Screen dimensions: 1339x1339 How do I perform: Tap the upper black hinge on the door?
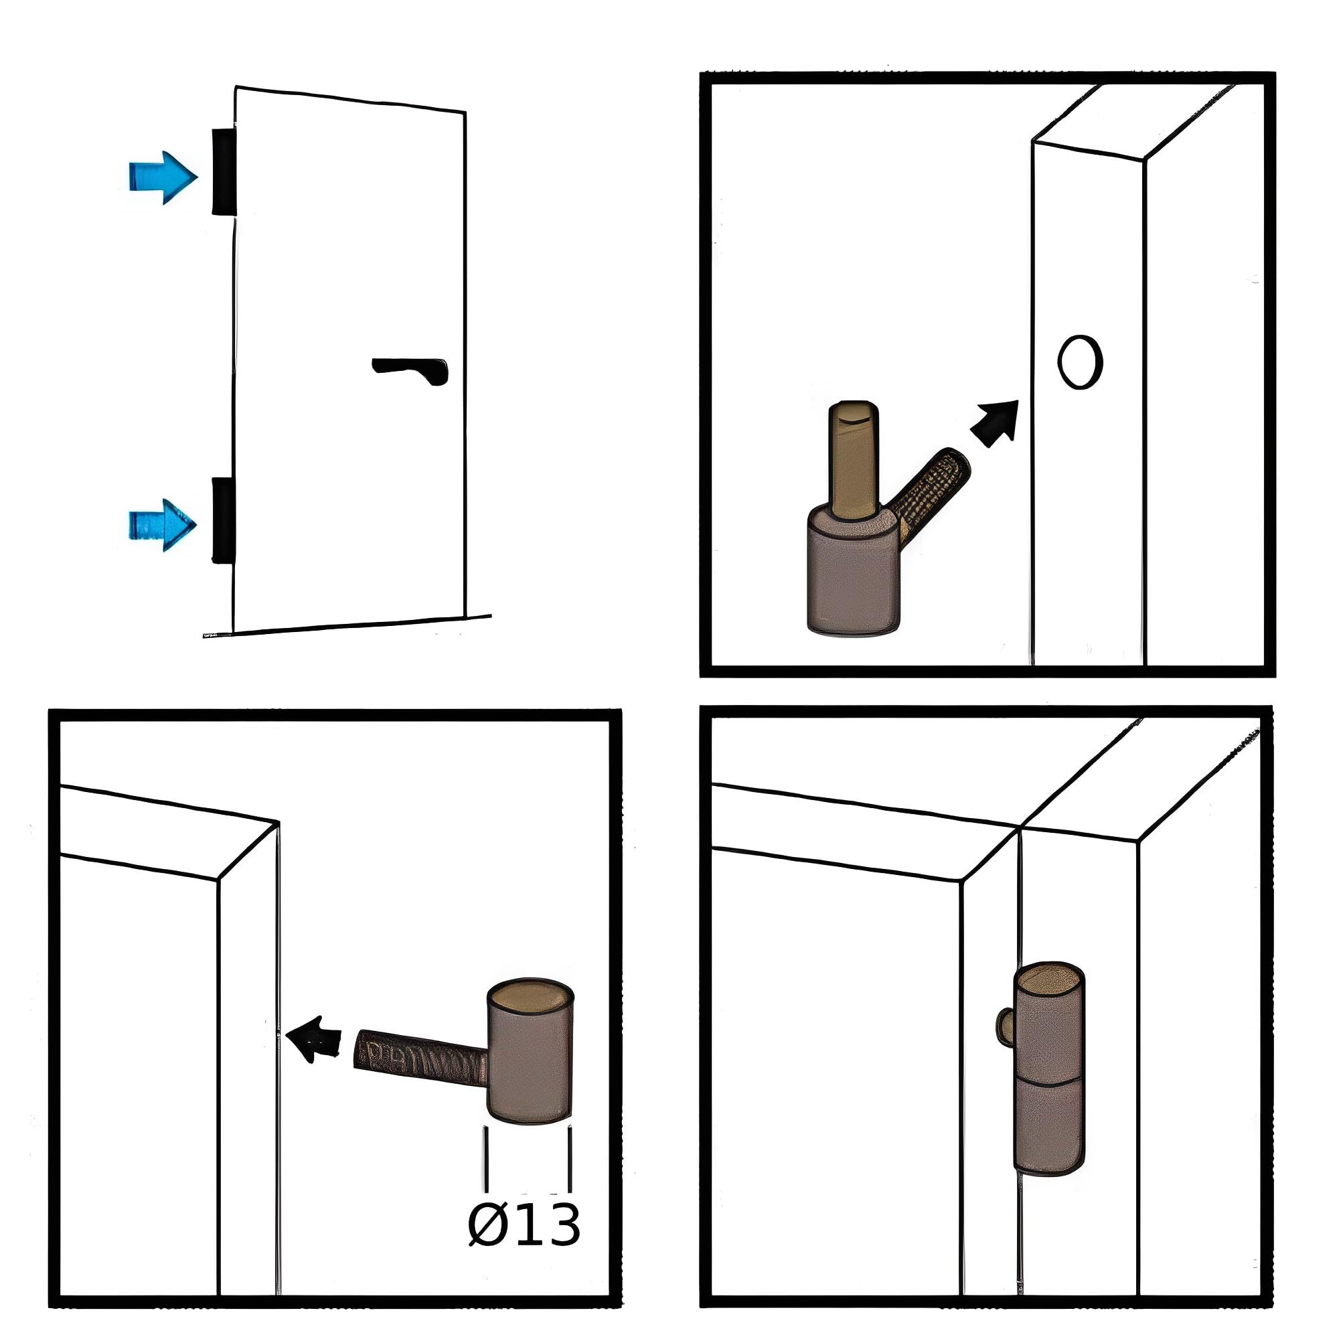click(223, 171)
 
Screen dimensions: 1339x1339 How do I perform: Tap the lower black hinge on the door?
click(223, 520)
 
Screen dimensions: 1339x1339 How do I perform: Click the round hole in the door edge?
click(1080, 362)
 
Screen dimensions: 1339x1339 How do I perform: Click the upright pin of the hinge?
click(854, 460)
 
